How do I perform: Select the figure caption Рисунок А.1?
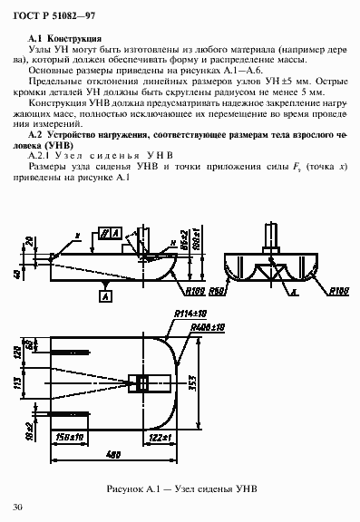[181, 488]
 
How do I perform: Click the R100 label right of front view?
[338, 288]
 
